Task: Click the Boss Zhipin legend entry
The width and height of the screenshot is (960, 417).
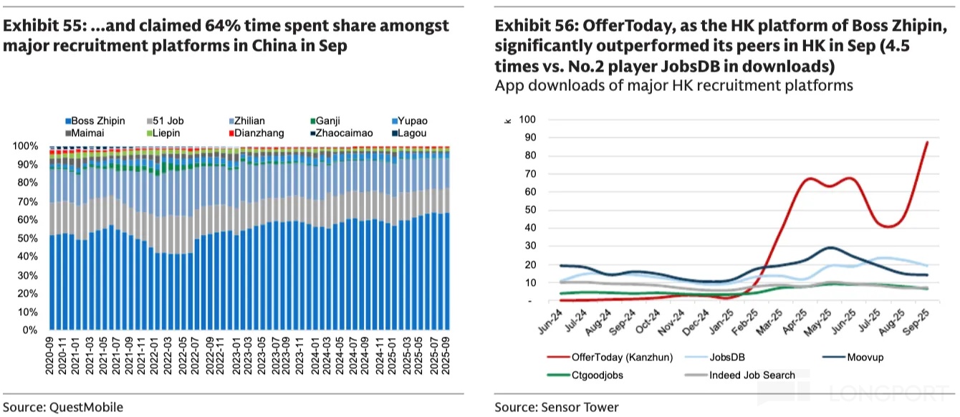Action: pos(97,121)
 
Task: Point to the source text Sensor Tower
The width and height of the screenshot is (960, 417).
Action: pos(557,407)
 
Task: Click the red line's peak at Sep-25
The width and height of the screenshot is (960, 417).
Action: pos(928,142)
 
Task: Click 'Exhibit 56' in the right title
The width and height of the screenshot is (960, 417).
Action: pos(531,27)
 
